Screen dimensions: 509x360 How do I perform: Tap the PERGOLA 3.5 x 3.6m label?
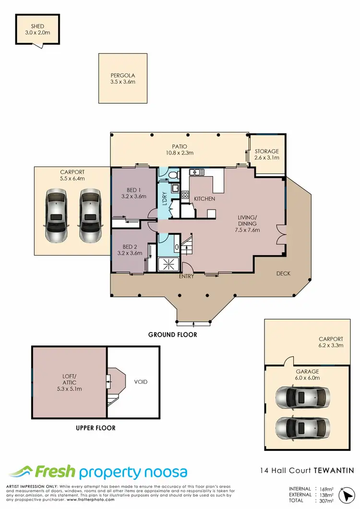[x=122, y=78]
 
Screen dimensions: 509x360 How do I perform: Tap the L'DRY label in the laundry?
[x=164, y=199]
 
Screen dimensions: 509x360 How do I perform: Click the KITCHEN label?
[x=204, y=199]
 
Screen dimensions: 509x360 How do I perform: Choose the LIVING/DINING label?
[x=247, y=224]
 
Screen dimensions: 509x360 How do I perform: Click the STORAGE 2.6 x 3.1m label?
[x=266, y=154]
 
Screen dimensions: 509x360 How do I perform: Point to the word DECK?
[x=283, y=273]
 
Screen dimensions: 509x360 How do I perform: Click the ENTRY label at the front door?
[x=186, y=277]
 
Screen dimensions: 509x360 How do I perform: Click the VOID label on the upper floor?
[x=141, y=382]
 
